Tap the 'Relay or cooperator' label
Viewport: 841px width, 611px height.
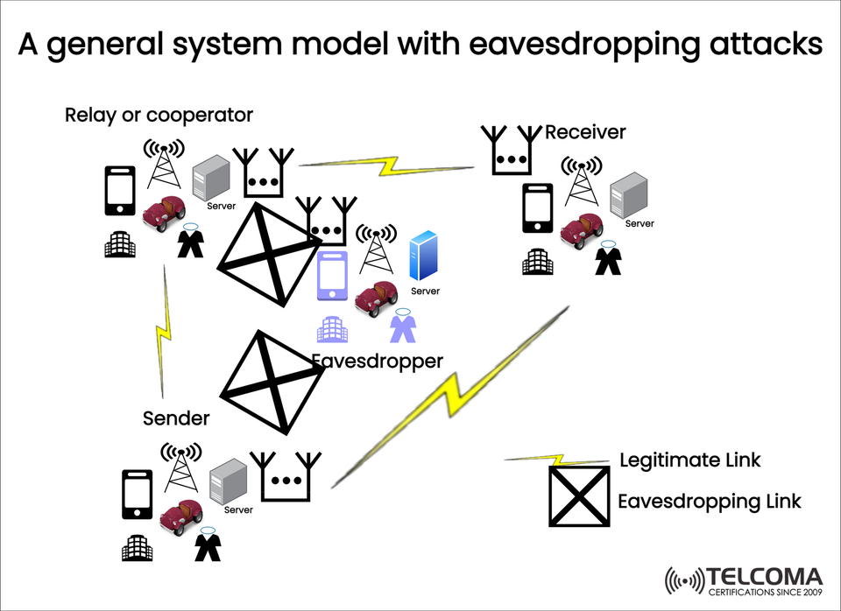point(159,115)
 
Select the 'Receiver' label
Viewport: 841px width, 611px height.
point(585,132)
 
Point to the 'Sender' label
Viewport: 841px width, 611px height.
point(176,418)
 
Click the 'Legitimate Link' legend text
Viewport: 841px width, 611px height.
point(689,460)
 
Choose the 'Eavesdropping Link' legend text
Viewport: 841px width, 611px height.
point(710,501)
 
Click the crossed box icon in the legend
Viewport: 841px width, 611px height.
point(578,496)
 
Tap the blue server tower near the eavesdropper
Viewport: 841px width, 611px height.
point(425,255)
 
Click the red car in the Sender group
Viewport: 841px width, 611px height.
point(183,516)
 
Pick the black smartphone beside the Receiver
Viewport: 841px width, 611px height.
point(539,208)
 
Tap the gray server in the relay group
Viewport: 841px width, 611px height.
point(210,178)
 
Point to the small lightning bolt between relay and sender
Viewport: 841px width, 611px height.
point(164,333)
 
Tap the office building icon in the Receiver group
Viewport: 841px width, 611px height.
point(538,262)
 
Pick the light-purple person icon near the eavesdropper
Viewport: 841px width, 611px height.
point(402,327)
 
